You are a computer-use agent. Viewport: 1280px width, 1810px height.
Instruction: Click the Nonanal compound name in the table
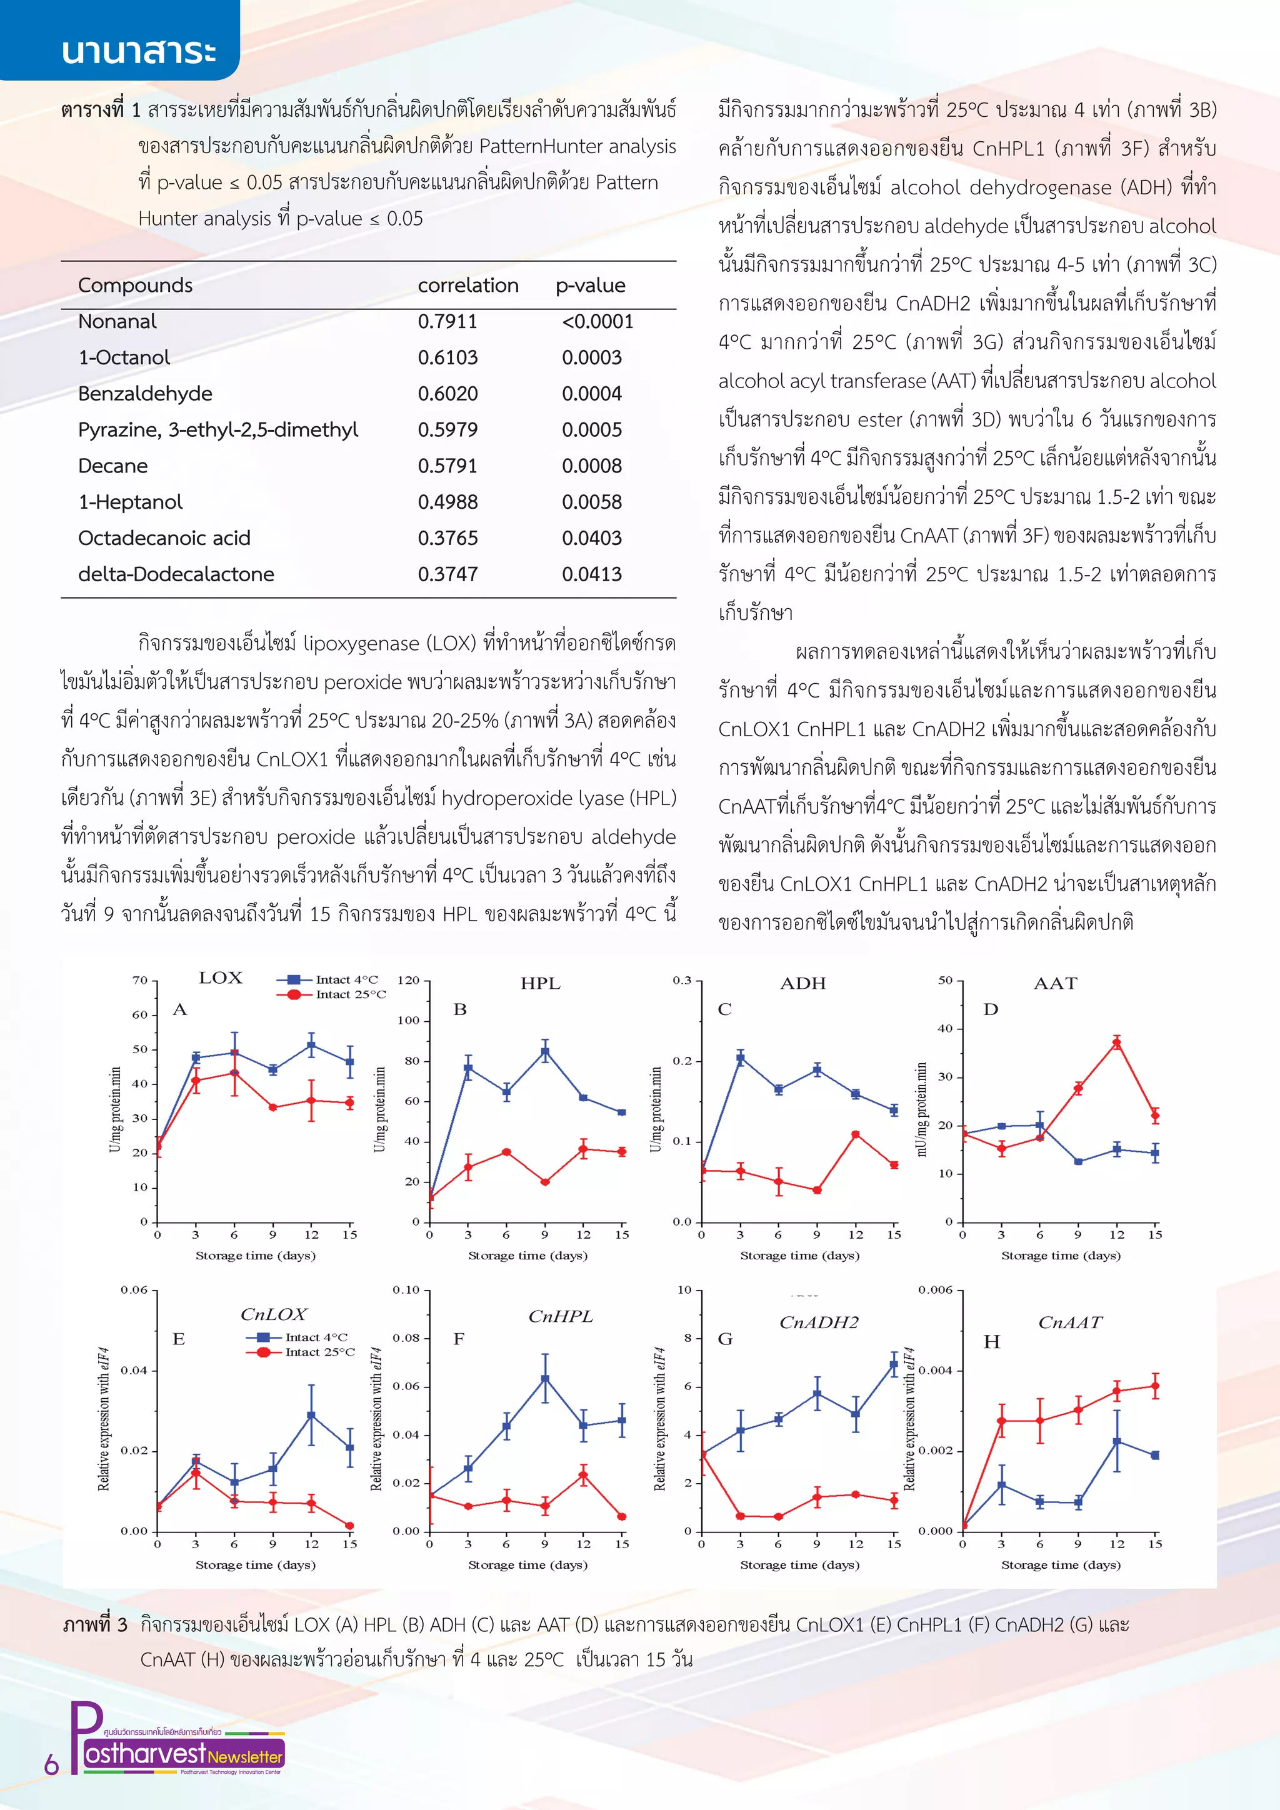117,322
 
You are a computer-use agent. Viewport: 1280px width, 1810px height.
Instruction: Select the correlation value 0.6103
447,358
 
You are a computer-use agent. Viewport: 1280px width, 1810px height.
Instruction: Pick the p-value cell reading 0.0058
591,502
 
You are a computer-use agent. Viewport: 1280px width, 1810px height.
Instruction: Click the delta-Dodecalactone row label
175,575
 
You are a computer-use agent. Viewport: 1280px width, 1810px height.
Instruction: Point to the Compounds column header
135,286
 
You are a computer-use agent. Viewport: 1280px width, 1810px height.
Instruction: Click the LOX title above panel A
220,977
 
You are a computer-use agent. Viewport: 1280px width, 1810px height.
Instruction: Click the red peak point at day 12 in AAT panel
1116,1043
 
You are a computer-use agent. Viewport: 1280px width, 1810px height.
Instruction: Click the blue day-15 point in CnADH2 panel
893,1364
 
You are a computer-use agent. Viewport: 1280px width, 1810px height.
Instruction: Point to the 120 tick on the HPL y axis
408,980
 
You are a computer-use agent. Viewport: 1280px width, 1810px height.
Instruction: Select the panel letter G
724,1339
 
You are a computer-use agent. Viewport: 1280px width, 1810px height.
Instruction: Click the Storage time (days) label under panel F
527,1565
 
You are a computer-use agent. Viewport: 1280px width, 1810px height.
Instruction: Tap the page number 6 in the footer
51,1764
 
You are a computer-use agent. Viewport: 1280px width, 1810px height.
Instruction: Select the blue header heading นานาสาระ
138,51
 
